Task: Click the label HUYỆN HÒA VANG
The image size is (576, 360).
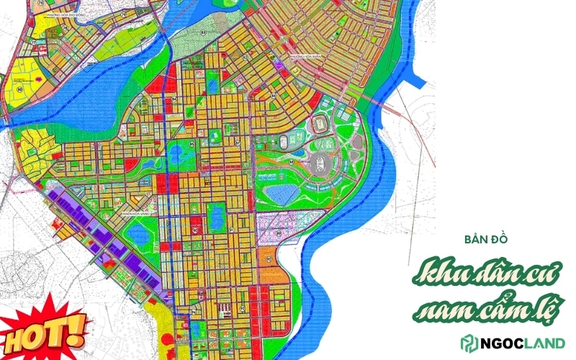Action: coord(135,214)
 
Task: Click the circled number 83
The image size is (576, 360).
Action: coord(204,33)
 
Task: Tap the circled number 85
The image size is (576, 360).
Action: coord(192,145)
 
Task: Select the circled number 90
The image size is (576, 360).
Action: coord(195,230)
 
